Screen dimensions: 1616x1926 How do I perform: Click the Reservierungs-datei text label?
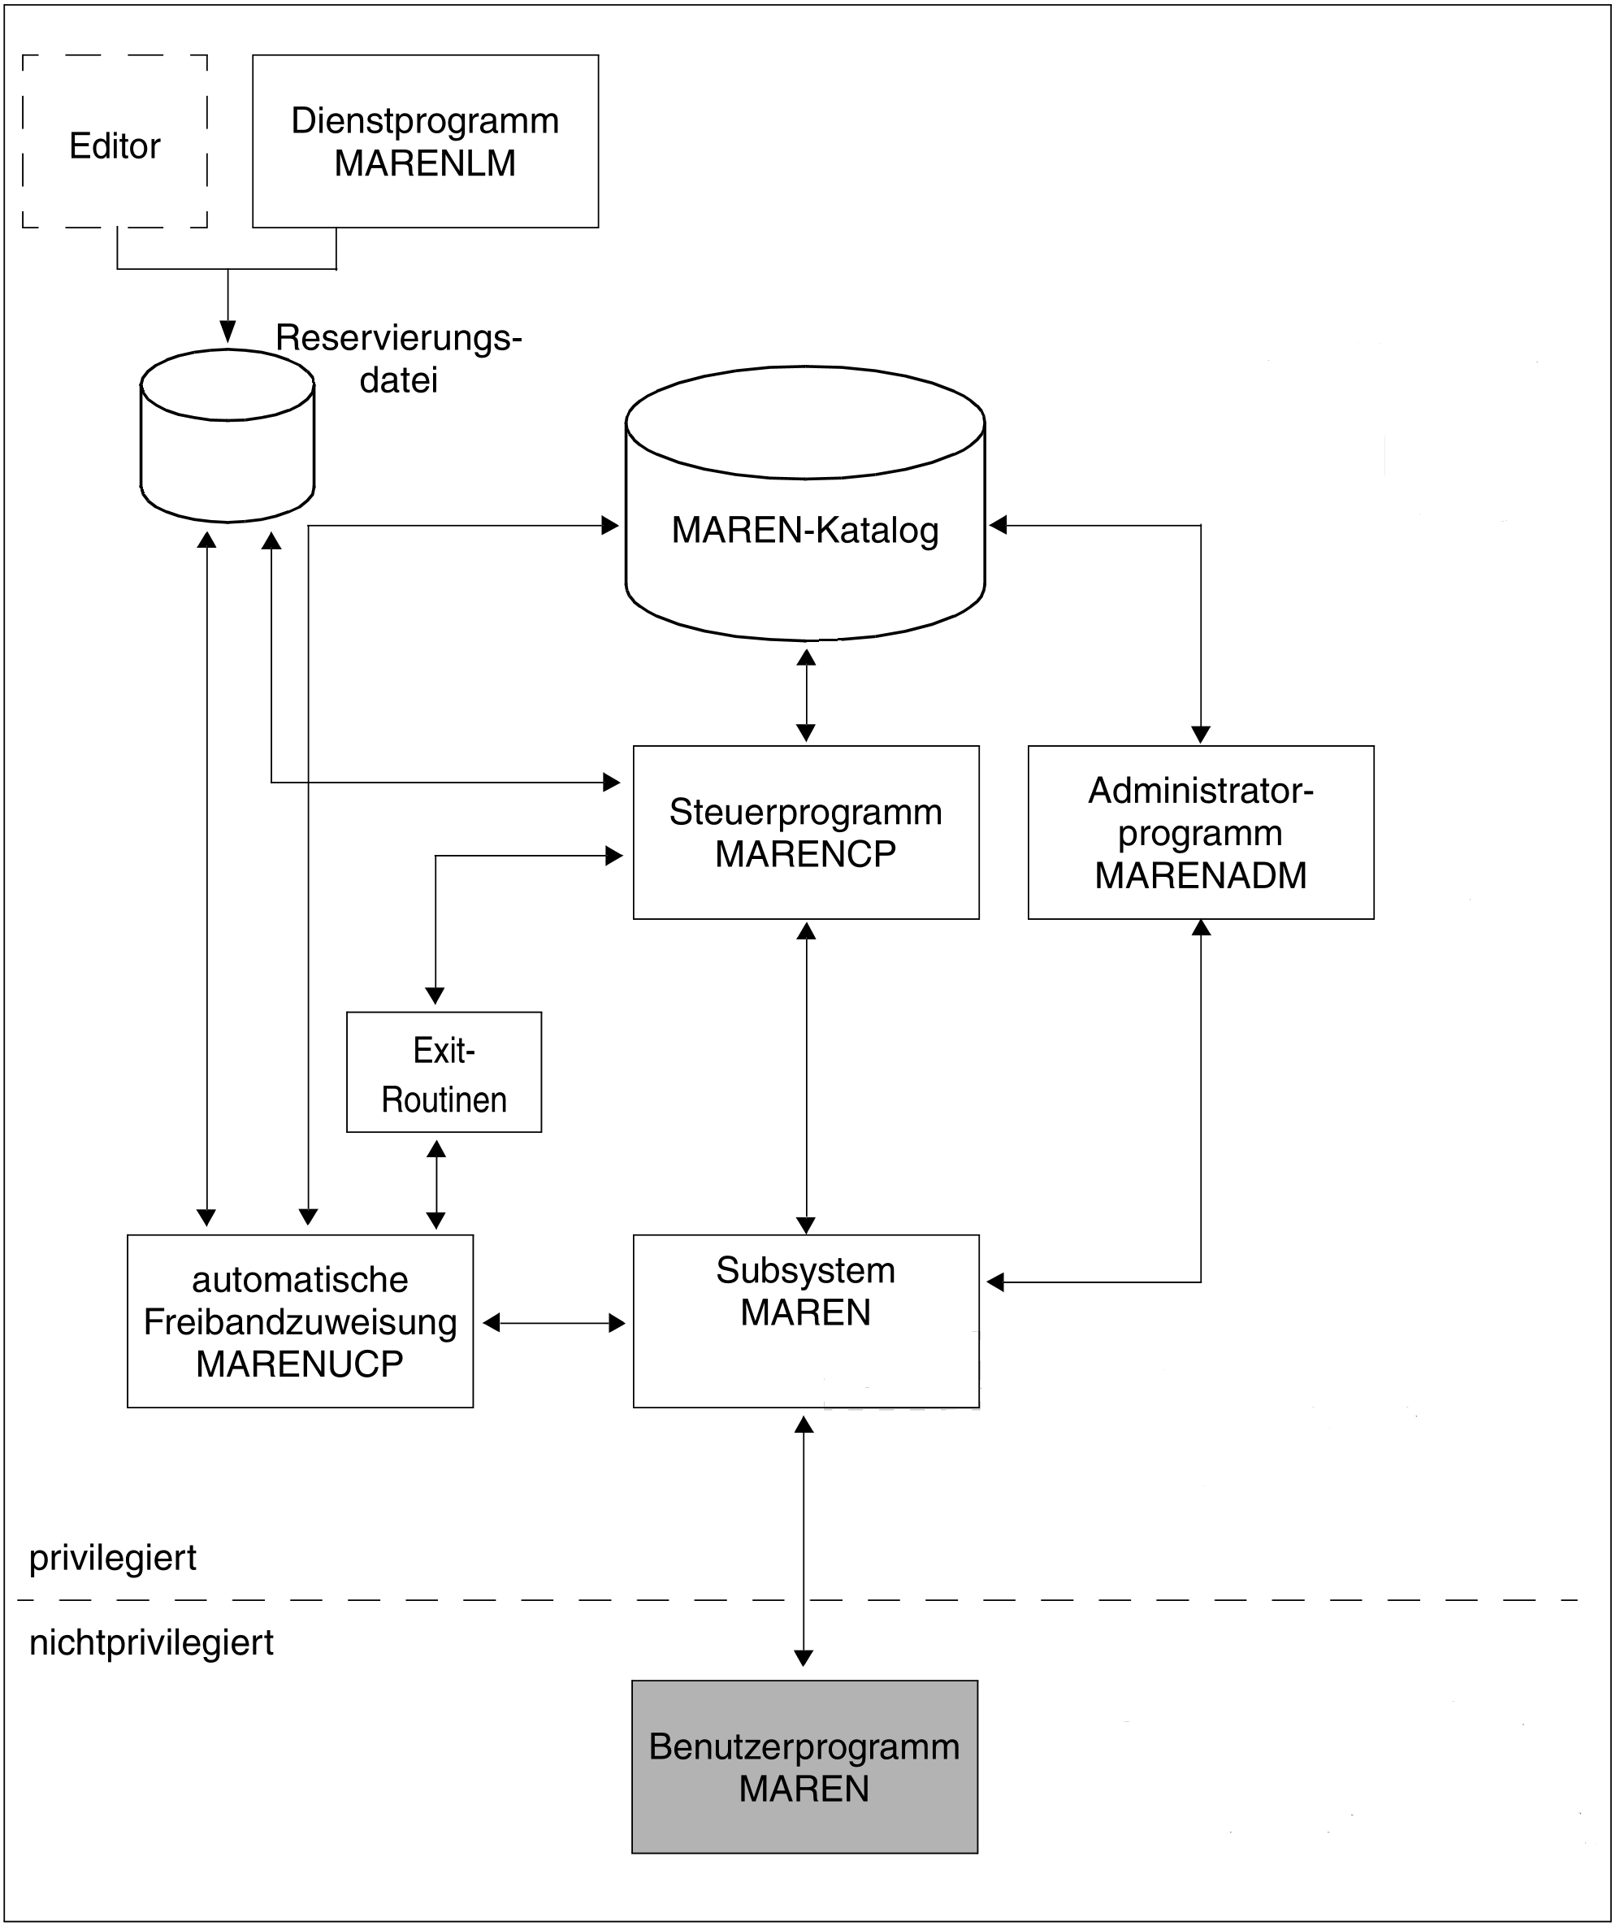pos(399,358)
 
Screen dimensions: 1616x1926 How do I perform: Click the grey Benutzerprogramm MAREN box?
pos(804,1768)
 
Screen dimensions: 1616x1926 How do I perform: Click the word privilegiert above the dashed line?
pos(113,1558)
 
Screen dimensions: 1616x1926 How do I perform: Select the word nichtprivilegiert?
pos(151,1642)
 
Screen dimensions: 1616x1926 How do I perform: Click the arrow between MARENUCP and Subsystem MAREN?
pos(554,1322)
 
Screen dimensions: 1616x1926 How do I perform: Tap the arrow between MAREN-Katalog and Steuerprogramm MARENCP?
pos(806,694)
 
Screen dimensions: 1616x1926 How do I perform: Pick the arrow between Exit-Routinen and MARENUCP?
pos(436,1184)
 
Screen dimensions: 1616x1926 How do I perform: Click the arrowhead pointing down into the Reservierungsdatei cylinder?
pos(227,331)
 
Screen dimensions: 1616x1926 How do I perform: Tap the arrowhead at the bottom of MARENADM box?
pos(1201,927)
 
